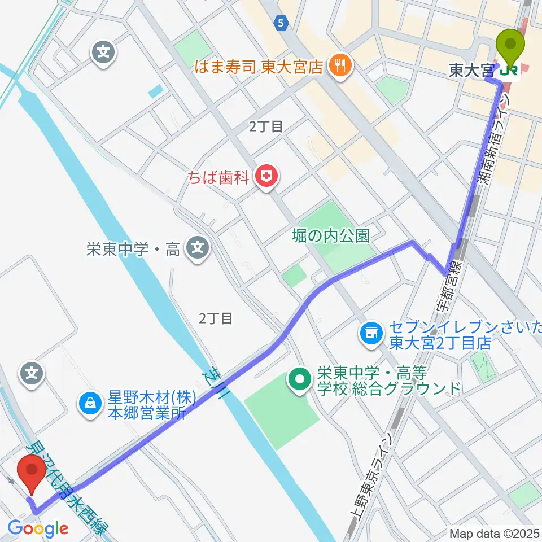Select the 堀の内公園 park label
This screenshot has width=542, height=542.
click(x=331, y=235)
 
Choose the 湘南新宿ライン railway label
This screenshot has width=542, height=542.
click(x=492, y=135)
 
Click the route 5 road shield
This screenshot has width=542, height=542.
click(x=281, y=23)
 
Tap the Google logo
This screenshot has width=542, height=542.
click(x=38, y=529)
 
